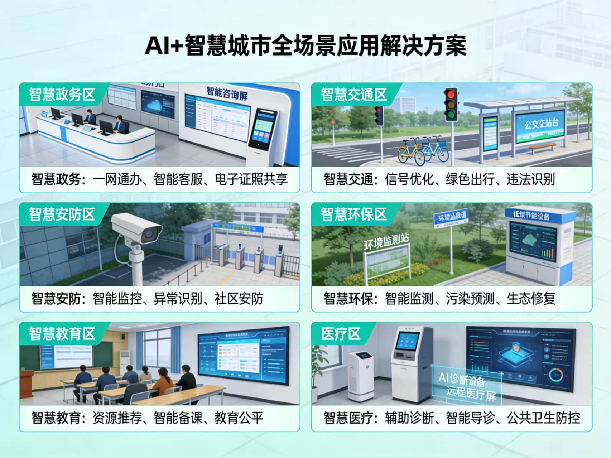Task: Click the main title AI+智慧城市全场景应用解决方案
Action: point(305,45)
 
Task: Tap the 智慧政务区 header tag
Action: point(62,95)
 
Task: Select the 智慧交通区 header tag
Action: point(354,95)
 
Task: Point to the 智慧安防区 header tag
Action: point(62,214)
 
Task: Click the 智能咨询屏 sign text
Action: point(227,93)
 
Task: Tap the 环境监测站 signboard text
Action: point(386,242)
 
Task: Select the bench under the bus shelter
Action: point(542,147)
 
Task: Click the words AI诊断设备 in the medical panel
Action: point(462,379)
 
